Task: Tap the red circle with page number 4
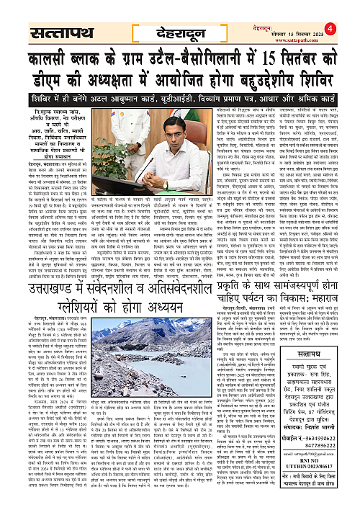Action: pos(351,9)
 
